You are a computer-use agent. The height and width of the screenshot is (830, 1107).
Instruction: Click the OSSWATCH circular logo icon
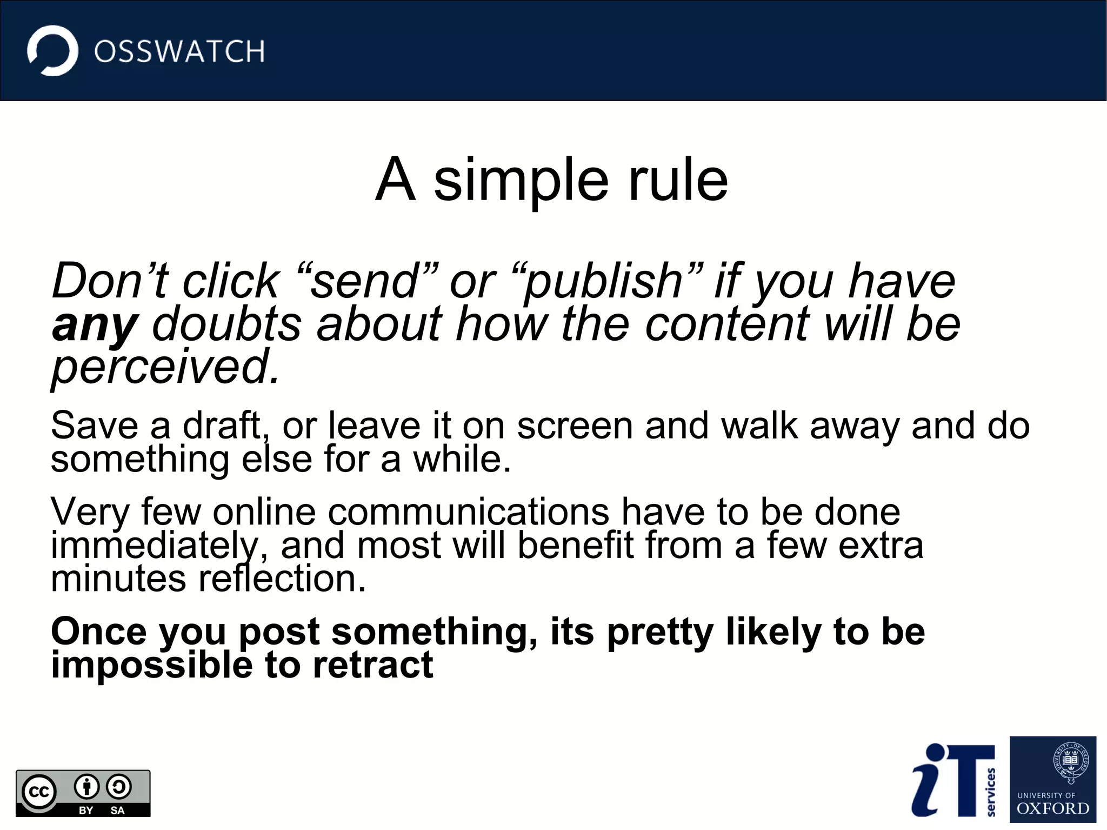(52, 51)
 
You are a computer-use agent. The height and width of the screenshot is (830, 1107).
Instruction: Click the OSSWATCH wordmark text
(179, 52)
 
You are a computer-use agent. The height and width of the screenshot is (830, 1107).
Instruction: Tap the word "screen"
(574, 426)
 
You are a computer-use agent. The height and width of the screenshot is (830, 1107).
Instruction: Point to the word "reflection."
(282, 579)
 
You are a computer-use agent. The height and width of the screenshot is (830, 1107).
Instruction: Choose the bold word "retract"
(373, 665)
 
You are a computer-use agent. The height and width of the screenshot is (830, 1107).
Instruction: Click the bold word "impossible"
(151, 665)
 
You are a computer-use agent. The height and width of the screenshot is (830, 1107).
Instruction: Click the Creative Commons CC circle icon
(39, 792)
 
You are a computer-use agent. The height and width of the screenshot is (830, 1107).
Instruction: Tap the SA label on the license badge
(117, 811)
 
